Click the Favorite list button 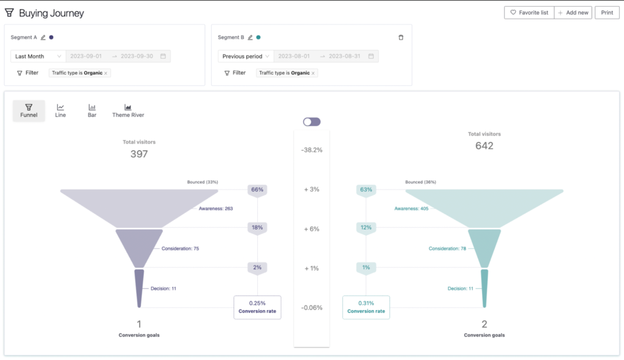point(529,12)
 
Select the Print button point(607,12)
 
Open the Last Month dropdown point(38,56)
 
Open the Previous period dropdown point(245,56)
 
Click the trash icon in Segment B point(401,37)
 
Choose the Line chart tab point(60,110)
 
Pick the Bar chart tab point(92,110)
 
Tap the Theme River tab point(128,110)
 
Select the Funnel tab point(29,110)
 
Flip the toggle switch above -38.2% point(311,122)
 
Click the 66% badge point(257,189)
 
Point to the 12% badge point(366,228)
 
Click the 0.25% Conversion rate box point(257,307)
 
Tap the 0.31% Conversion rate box point(366,307)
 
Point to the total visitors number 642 point(484,146)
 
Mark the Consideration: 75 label point(180,249)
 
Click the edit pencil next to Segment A point(43,38)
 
